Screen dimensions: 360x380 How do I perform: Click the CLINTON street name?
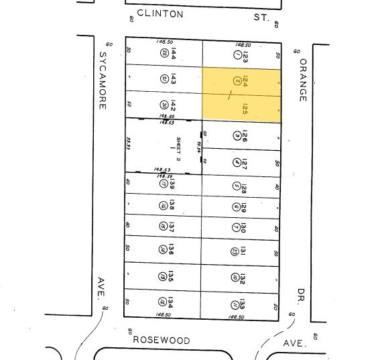click(x=160, y=13)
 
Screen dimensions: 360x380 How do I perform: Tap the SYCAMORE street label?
click(x=103, y=80)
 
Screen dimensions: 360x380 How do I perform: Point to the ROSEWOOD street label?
click(x=161, y=340)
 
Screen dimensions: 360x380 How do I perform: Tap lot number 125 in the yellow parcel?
click(x=245, y=109)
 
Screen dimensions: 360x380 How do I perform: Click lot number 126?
click(x=245, y=136)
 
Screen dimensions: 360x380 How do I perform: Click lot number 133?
click(x=243, y=305)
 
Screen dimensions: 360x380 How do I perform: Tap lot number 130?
click(x=243, y=228)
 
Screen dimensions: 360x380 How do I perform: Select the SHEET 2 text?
click(x=179, y=149)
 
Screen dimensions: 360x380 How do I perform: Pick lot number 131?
click(x=243, y=252)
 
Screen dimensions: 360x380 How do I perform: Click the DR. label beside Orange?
click(x=302, y=294)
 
